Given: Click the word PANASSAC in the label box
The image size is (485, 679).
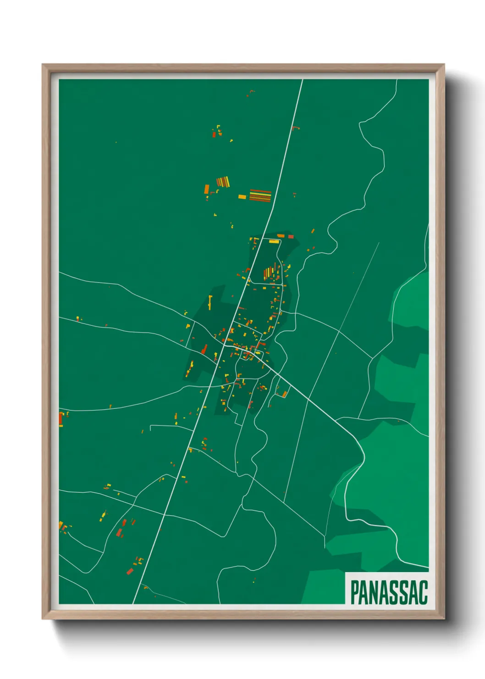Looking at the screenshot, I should [389, 592].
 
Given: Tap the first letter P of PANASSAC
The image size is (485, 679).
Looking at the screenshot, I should [354, 592].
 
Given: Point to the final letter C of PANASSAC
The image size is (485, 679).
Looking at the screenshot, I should [423, 592].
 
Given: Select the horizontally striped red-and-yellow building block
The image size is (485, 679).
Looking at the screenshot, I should [260, 195].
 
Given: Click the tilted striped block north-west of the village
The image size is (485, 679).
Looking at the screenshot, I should [223, 182].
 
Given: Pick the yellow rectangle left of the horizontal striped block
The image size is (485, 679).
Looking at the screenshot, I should [242, 197].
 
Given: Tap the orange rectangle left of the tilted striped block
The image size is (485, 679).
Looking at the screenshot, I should [207, 189].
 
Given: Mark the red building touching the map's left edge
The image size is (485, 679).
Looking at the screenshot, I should [61, 419].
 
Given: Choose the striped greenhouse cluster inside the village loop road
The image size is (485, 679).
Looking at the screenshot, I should [269, 273].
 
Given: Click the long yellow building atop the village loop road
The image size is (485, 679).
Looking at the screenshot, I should [274, 241].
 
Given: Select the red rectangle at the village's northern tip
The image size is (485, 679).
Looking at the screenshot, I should [291, 237].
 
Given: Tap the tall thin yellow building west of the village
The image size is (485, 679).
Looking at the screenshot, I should [210, 301].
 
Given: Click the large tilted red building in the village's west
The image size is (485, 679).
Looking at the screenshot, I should [204, 350].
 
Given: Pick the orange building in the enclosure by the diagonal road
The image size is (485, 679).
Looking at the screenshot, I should [284, 394].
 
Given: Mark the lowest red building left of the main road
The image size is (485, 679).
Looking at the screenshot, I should [130, 571].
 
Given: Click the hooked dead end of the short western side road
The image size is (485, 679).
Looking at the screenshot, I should [151, 428].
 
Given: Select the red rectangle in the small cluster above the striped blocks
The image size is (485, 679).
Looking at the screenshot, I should [214, 134].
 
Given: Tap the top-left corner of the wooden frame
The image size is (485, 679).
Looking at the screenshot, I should [43, 65].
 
